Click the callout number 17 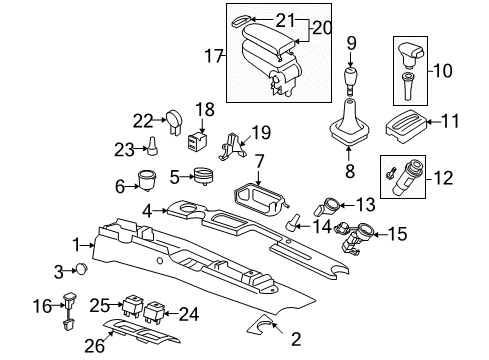click(213, 55)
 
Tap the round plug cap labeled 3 click(82, 268)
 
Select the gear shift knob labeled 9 click(350, 80)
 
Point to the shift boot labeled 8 click(349, 123)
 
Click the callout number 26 click(95, 346)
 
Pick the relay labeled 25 click(133, 305)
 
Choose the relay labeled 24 click(153, 312)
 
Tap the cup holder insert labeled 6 click(147, 180)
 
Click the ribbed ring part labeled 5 click(204, 176)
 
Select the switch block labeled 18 click(196, 140)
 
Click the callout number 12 click(443, 178)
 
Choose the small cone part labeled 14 click(292, 222)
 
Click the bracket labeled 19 click(233, 146)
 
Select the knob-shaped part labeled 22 click(174, 122)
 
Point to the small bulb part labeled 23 click(152, 146)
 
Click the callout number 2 click(296, 339)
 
